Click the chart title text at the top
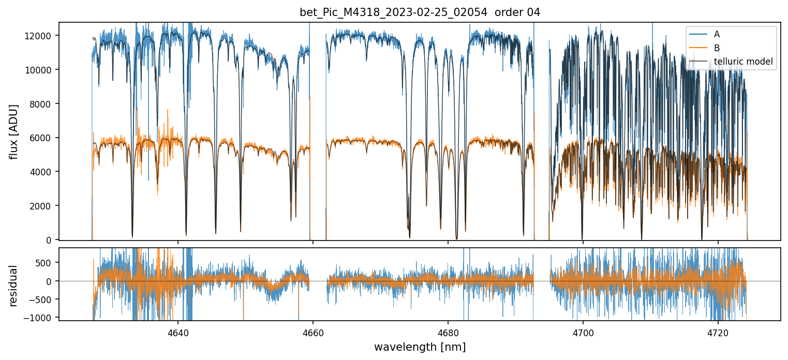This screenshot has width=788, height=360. pos(420,12)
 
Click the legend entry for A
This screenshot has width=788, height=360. pos(717,34)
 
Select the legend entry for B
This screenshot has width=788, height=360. pos(717,48)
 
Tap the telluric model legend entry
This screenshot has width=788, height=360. pos(743,62)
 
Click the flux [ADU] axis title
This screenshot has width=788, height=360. pos(14,131)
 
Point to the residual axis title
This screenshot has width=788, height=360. pos(14,286)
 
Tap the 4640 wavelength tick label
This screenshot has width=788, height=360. pos(178,332)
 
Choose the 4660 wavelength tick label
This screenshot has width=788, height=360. pos(313,332)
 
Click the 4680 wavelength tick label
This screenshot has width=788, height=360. pos(448,332)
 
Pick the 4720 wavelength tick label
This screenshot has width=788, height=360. pos(718,332)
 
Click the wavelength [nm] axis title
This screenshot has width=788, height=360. pos(420,347)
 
